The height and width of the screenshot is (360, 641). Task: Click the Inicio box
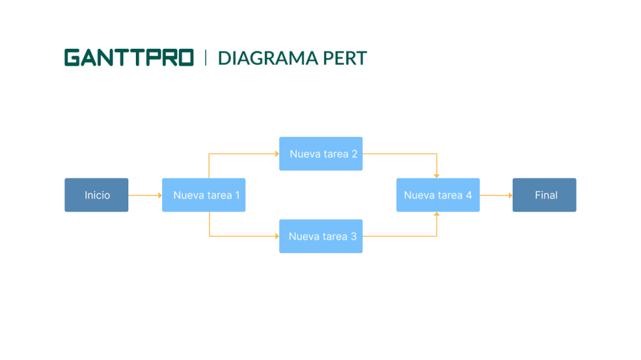96,195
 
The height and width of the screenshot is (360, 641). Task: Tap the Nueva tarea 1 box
203,195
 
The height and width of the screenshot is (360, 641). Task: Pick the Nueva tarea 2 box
320,154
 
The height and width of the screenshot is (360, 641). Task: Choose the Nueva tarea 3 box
320,237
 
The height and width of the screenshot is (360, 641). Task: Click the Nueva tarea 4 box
438,195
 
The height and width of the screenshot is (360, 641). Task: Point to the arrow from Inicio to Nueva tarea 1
145,195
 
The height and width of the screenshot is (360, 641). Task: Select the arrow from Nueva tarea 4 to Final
496,195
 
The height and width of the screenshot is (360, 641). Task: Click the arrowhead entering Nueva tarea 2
277,153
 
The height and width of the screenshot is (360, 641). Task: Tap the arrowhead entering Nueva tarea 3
277,236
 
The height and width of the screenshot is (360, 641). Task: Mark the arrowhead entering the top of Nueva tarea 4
437,175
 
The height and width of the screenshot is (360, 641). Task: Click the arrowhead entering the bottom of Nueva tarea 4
437,215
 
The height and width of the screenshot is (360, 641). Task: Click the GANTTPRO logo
129,58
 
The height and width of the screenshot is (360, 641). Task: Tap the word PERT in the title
345,58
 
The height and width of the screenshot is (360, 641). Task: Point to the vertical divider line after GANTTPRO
205,58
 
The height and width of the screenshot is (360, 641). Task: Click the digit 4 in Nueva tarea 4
469,195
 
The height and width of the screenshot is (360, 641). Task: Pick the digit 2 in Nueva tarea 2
354,154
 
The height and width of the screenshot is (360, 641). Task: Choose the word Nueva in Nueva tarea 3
302,237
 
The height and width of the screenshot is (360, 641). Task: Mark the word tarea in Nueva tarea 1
217,195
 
